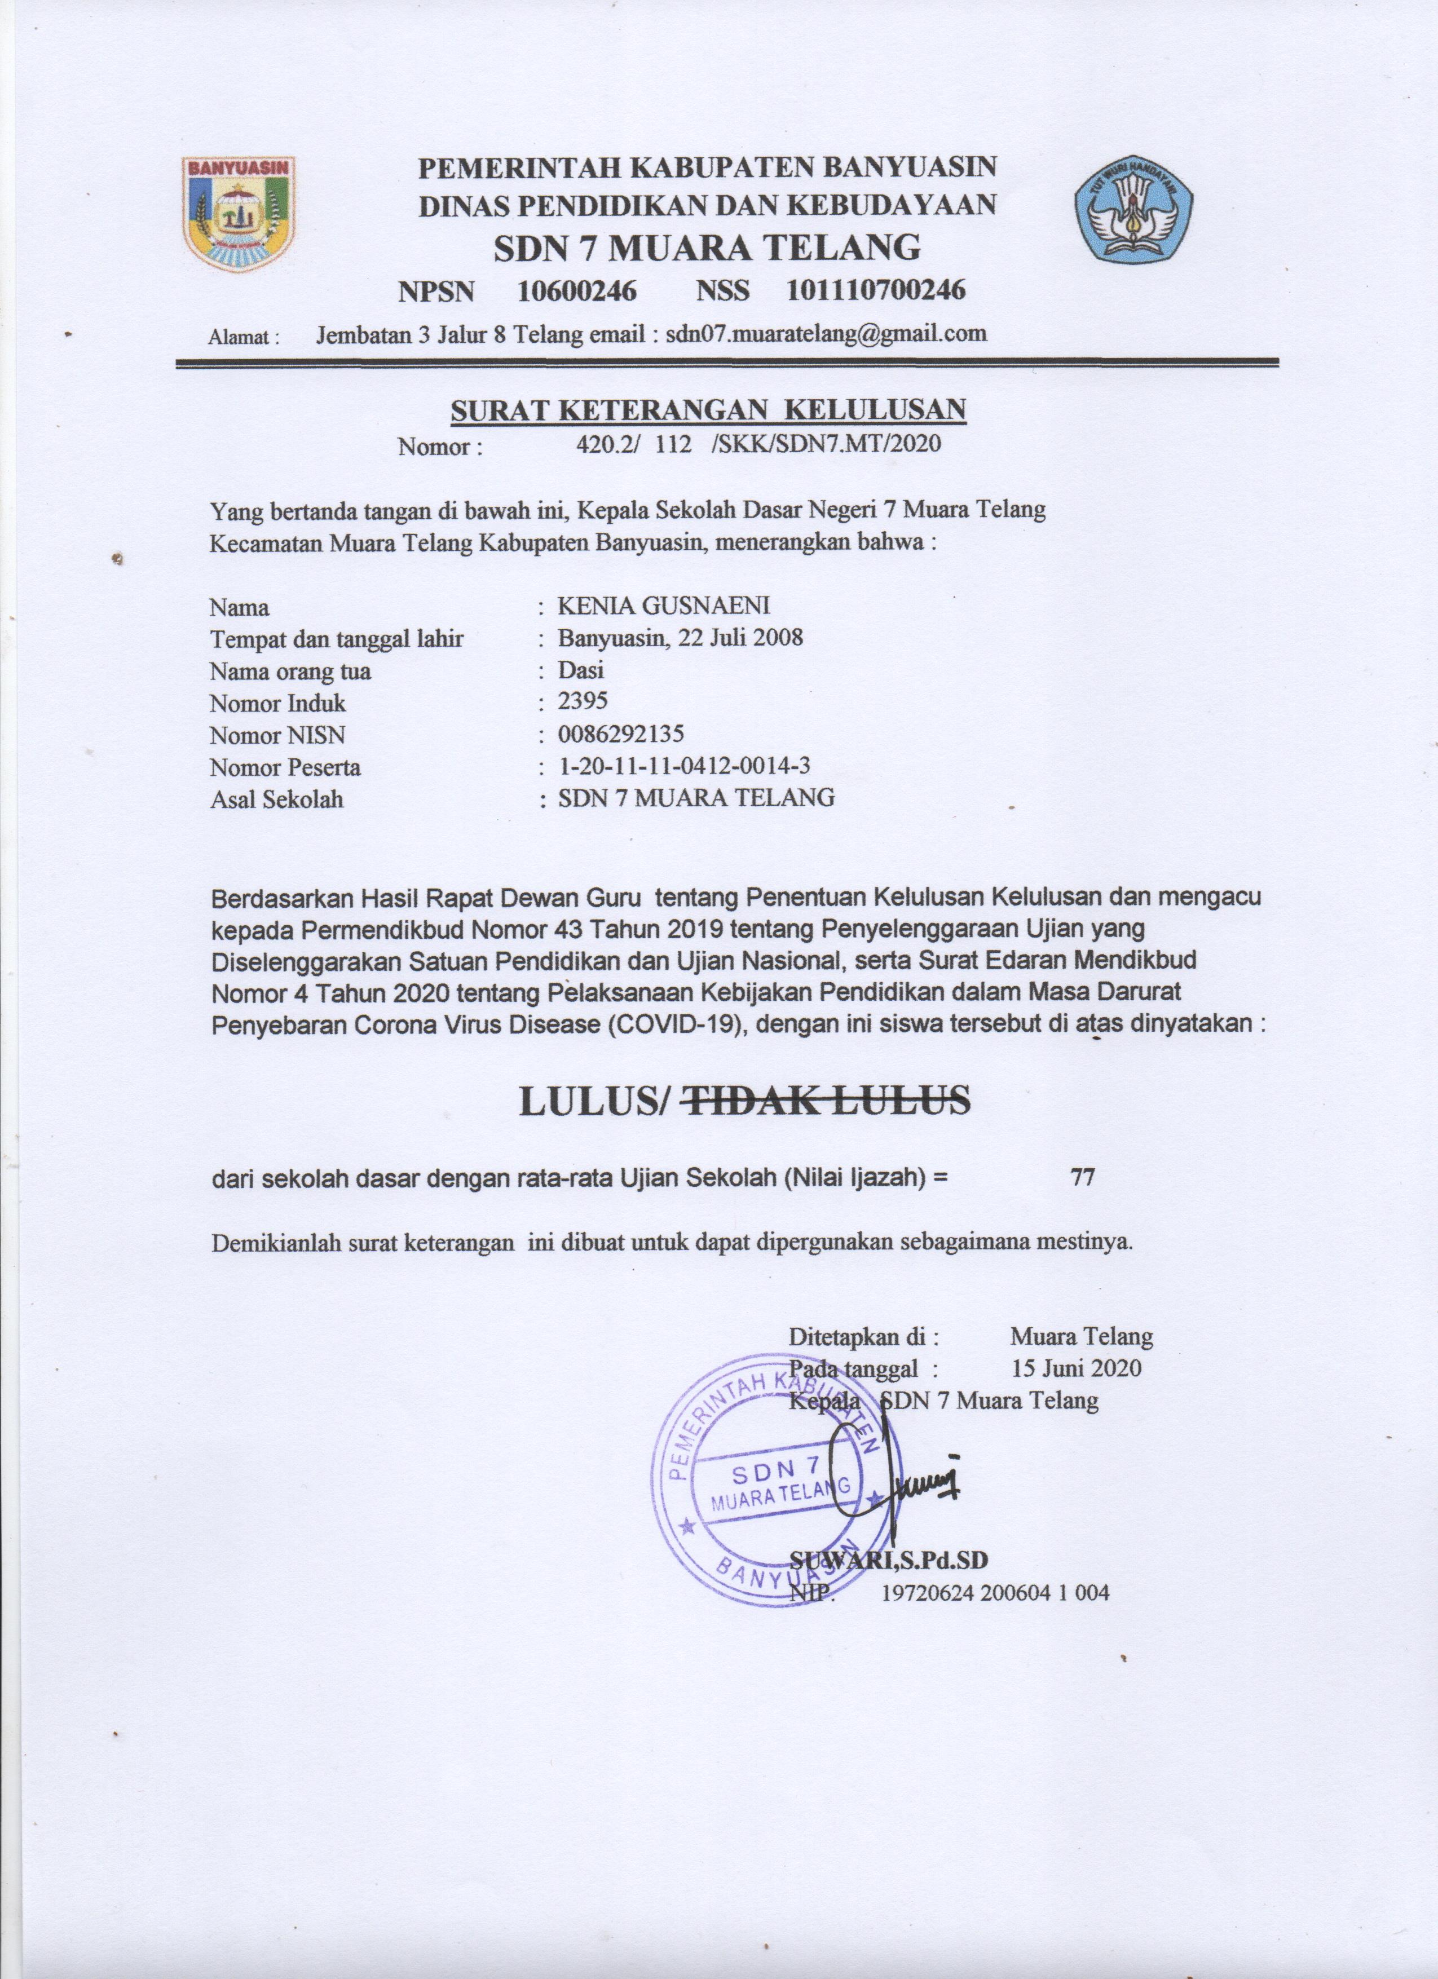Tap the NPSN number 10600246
pos(577,290)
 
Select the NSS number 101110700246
pos(876,290)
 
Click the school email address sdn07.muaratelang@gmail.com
pos(826,333)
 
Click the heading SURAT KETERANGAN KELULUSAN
pos(708,410)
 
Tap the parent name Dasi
pos(581,670)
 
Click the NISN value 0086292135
pos(621,734)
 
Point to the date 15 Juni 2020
pos(1075,1367)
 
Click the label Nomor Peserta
pos(285,768)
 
